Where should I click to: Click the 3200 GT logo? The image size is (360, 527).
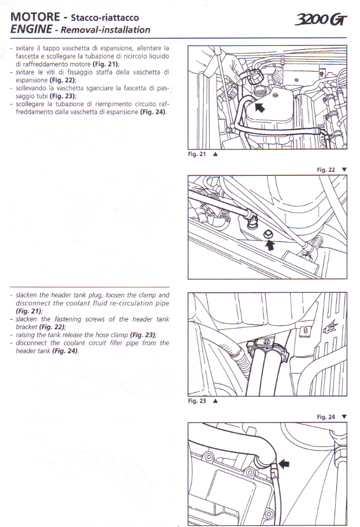(320, 20)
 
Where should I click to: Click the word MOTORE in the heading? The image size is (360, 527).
(35, 17)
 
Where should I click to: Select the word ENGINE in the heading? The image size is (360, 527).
(31, 29)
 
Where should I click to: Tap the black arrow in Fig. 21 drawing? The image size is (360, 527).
(260, 107)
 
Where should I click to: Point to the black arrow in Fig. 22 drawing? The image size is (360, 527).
(269, 245)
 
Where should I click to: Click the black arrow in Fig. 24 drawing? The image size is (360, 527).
(284, 464)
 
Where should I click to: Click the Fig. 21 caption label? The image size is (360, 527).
(197, 154)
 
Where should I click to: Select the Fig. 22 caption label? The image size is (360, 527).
(326, 170)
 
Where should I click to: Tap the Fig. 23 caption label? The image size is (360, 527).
(197, 400)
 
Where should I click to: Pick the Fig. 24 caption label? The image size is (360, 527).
(326, 417)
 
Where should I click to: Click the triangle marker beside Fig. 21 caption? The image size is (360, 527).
(215, 154)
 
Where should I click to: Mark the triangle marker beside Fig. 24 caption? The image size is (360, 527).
(344, 417)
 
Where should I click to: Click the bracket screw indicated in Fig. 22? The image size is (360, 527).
(268, 234)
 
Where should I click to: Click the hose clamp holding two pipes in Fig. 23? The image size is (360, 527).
(267, 347)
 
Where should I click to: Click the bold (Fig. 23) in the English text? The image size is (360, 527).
(143, 335)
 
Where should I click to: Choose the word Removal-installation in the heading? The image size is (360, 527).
(105, 30)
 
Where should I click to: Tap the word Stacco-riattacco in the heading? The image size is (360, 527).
(105, 18)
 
